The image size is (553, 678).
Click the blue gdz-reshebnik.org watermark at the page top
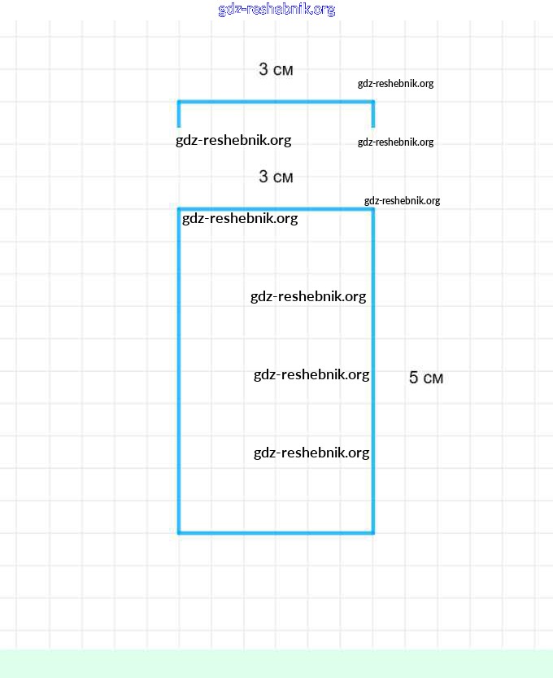276,10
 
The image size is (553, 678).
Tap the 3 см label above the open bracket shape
276,70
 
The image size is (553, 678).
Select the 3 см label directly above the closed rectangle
276,177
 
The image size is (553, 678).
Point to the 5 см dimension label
425,378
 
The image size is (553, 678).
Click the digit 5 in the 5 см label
413,378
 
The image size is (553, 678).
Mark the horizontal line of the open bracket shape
276,102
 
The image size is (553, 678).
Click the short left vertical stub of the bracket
179,116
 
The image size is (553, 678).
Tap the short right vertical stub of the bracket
373,116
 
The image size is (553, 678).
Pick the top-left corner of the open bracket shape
179,102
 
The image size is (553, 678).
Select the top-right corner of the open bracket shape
373,102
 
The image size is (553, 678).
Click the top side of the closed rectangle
276,209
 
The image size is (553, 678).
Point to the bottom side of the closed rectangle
276,533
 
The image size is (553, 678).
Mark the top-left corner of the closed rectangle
179,209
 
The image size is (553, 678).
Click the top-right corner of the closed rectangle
373,209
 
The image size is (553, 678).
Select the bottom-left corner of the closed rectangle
179,533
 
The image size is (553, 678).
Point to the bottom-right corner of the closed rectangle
373,533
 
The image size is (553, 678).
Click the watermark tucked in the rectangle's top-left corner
240,218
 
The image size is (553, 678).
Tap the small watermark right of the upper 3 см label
395,83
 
